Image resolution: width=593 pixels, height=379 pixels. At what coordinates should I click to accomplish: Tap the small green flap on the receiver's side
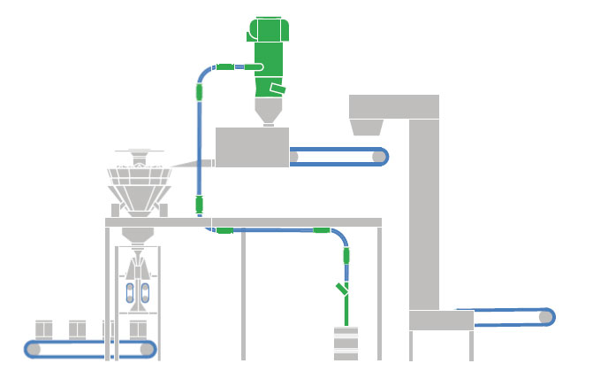coord(277,89)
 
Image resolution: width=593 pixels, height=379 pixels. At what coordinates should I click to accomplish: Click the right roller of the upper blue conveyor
coord(379,157)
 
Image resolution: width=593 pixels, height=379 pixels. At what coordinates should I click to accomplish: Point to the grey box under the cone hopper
coord(252,146)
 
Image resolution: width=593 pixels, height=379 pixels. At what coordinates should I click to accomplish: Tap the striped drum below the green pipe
coord(346,344)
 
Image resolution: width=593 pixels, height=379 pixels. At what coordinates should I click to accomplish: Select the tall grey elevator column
coord(424,213)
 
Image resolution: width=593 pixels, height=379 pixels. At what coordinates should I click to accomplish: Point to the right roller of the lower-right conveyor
coord(545,316)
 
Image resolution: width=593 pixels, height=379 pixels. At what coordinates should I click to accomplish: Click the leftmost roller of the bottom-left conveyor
coord(34,350)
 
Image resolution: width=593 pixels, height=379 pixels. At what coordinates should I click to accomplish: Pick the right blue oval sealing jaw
coord(146,293)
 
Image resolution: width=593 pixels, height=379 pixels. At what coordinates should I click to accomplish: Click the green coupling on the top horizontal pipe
coord(224,66)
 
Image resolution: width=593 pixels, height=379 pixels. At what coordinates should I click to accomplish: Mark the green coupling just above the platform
coord(200,205)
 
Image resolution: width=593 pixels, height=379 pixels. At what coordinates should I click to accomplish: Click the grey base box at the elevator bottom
coord(441,320)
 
